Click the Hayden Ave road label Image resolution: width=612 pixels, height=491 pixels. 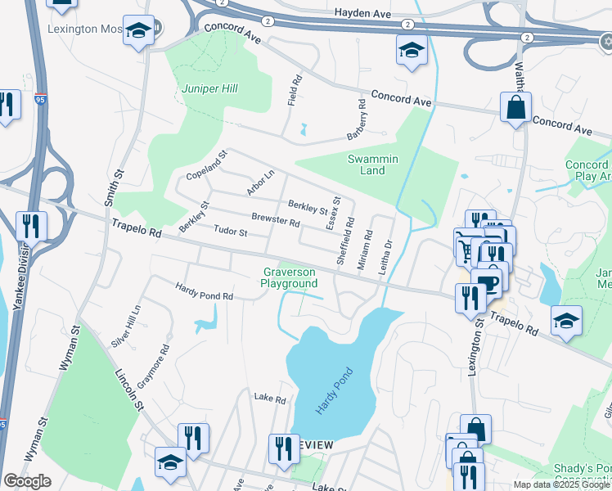point(361,13)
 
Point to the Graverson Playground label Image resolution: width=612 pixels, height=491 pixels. point(289,277)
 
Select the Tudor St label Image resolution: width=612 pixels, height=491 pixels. point(230,232)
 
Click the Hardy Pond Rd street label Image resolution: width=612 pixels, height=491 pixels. point(205,290)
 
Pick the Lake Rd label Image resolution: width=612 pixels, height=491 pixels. point(269,399)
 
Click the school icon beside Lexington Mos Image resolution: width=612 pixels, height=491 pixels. point(138,31)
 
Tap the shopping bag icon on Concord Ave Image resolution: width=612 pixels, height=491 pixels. point(515,107)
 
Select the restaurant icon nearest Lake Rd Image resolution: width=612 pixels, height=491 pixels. point(284,448)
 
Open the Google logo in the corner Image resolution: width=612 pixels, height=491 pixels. point(27,481)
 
